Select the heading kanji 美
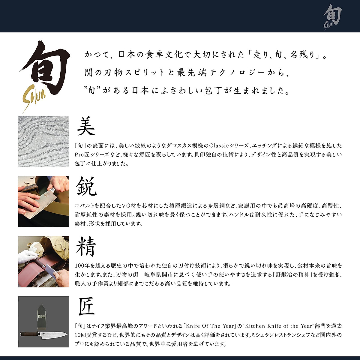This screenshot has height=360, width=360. [86, 126]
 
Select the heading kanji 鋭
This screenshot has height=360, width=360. [86, 186]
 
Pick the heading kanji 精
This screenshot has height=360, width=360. [86, 247]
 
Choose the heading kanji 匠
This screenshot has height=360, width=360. [86, 307]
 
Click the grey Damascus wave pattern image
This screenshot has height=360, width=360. [43, 141]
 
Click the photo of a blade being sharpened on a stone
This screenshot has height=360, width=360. [43, 201]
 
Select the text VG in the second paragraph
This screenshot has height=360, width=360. [125, 206]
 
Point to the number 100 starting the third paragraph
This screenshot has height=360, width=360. [80, 266]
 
